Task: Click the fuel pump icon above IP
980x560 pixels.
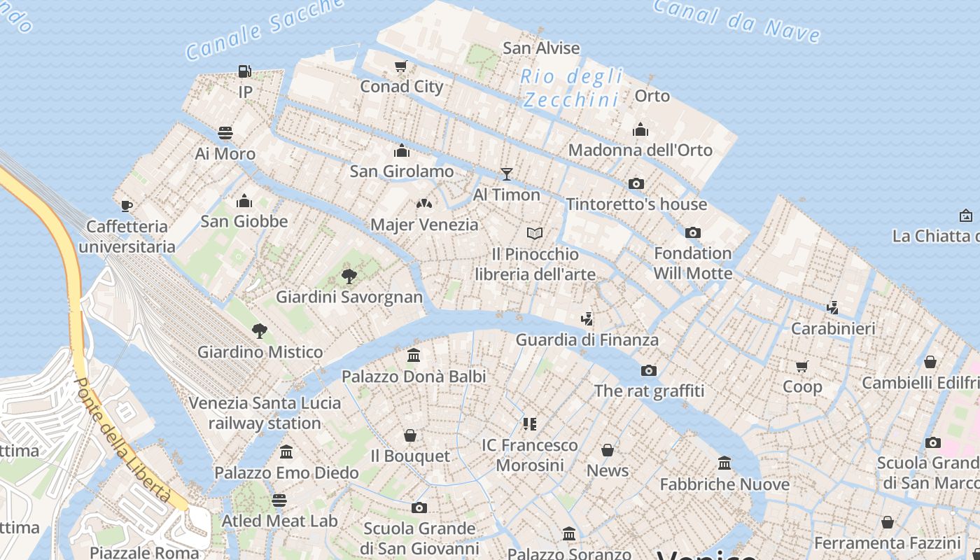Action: pos(244,71)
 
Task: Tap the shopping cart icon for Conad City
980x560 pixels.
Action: pos(401,66)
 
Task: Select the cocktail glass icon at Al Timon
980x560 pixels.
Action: pos(507,174)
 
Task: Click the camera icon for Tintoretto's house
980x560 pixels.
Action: pos(636,183)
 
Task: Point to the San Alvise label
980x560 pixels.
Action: pos(541,48)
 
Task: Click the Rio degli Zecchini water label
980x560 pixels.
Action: pos(572,88)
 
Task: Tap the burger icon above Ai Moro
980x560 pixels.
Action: pos(225,133)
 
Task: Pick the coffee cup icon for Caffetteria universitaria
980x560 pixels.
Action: pos(127,206)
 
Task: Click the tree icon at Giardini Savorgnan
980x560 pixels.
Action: pos(349,276)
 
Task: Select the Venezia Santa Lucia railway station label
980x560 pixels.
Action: pos(265,413)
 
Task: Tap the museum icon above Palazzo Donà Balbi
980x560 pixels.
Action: pos(414,356)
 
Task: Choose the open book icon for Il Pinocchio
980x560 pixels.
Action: pos(535,233)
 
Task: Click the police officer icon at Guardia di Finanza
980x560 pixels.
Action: pos(587,319)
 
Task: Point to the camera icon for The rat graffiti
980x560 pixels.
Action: pos(649,370)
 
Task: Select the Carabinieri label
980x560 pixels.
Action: pos(833,328)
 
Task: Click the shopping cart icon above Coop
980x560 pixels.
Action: pos(802,366)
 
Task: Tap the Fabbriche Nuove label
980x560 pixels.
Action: pos(724,484)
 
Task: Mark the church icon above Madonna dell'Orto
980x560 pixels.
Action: pos(640,129)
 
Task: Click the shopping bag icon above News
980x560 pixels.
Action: pos(607,450)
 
